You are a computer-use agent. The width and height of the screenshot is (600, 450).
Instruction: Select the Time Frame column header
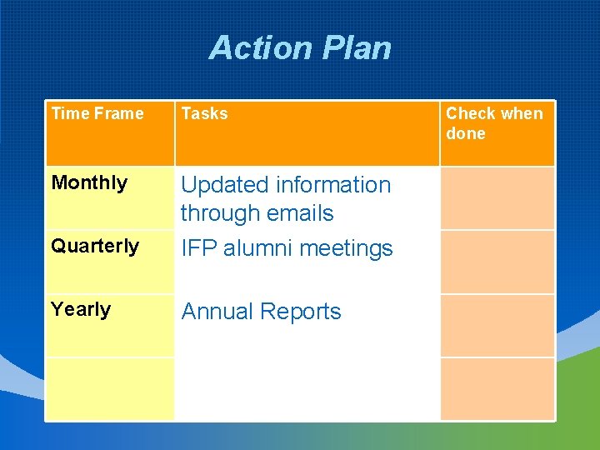pyautogui.click(x=97, y=114)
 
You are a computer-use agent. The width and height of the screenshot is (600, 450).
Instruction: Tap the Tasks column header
pyautogui.click(x=204, y=114)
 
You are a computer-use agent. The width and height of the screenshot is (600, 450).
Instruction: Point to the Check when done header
pyautogui.click(x=494, y=123)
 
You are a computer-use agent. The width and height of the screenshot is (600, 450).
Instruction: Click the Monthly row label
pyautogui.click(x=89, y=182)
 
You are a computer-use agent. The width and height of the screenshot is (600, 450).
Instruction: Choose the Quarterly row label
pyautogui.click(x=95, y=246)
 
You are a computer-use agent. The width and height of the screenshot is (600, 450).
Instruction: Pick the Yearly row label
pyautogui.click(x=81, y=309)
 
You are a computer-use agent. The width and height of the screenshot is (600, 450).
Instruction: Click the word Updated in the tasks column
pyautogui.click(x=224, y=185)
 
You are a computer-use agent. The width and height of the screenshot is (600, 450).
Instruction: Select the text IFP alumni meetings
pyautogui.click(x=287, y=248)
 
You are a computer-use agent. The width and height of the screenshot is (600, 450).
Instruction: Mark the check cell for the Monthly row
pyautogui.click(x=497, y=198)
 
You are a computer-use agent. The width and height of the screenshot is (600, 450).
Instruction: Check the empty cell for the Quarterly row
pyautogui.click(x=497, y=262)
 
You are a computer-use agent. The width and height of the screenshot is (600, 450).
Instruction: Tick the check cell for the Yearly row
pyautogui.click(x=497, y=325)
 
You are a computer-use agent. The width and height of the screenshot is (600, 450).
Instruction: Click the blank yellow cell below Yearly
pyautogui.click(x=109, y=388)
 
